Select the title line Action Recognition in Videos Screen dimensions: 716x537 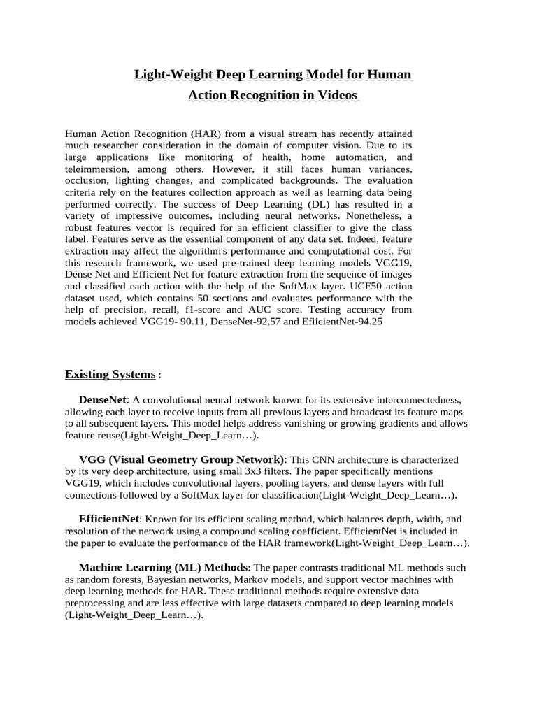273,94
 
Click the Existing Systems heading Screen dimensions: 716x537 110,374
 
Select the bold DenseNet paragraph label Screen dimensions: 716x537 103,400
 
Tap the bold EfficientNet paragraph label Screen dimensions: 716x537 109,520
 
